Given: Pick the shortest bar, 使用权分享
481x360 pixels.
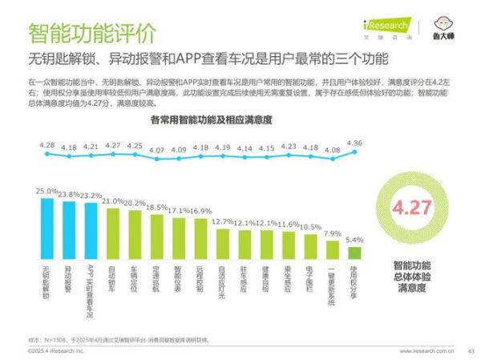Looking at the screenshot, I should tap(354, 253).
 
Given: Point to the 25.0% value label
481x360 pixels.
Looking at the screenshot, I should tap(47, 192).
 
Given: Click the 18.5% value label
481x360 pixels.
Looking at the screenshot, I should tap(156, 207).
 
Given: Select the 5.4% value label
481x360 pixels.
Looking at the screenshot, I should tap(354, 240).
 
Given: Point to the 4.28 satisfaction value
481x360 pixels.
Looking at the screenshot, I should tap(47, 145).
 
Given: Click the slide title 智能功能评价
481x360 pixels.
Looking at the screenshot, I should tap(92, 33).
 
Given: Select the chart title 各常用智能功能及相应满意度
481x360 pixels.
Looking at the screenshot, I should tap(210, 119).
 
